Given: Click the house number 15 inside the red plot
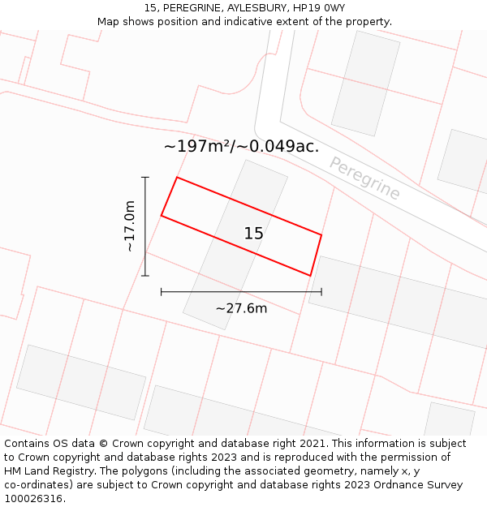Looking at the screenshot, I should (x=254, y=234).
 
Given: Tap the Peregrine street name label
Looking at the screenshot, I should (x=365, y=178).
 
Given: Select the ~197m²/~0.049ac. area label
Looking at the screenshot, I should (x=241, y=147).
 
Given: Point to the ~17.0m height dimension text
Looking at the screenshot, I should (x=130, y=226).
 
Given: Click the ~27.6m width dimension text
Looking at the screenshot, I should (x=241, y=308).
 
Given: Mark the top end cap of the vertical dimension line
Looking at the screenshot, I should (x=145, y=177).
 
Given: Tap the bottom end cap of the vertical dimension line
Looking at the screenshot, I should (x=145, y=276).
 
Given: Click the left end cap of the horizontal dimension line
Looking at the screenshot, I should (x=162, y=291).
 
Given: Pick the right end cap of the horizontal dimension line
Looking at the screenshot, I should (x=321, y=291).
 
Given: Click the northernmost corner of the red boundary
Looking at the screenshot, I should (x=177, y=177).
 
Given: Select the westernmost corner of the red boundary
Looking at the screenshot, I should (x=162, y=216).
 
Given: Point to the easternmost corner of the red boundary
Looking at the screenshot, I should (x=321, y=235).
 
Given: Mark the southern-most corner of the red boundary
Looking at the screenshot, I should (x=310, y=276).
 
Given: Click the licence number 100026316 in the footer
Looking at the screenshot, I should (x=35, y=499).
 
